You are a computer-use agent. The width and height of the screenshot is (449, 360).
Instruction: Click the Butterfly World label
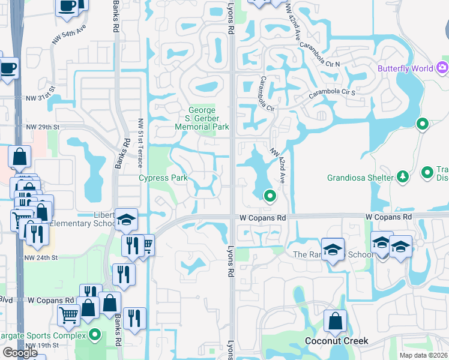coord(405,68)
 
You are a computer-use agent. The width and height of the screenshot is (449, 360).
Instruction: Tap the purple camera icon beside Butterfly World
coord(443,68)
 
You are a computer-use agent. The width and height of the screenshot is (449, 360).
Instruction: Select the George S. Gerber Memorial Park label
coord(202,118)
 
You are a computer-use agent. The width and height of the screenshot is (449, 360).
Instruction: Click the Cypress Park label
coord(163,178)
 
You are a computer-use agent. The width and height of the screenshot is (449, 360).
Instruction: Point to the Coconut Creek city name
coord(336,341)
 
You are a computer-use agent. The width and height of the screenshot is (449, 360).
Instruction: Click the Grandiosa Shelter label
coord(360,178)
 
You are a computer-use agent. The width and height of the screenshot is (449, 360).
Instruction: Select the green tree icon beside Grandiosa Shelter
coord(403,177)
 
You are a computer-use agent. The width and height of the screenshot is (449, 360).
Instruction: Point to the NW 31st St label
coord(40,97)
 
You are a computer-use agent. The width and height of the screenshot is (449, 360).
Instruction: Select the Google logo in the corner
coord(20,353)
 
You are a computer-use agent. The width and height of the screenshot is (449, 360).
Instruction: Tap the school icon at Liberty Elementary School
coord(126,220)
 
